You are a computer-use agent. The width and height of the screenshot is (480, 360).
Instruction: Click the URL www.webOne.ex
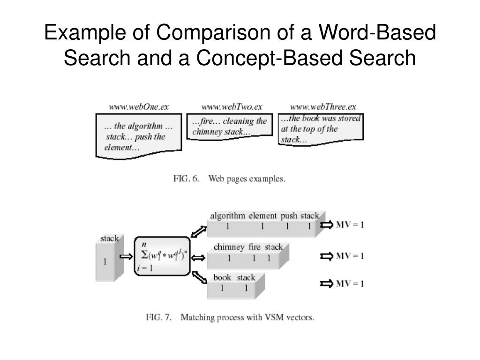[x=138, y=107]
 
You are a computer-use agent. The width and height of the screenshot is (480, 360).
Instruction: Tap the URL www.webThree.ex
[x=323, y=107]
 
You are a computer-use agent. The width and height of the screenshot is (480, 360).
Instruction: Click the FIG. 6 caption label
[x=187, y=179]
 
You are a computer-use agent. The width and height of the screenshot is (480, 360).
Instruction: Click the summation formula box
[x=162, y=256]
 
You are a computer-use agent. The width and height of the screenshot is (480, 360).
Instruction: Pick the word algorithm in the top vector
[x=227, y=216]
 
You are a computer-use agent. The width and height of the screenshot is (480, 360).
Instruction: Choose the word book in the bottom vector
[x=222, y=277]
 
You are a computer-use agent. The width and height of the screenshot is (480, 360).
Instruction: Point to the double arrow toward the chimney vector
[x=198, y=257]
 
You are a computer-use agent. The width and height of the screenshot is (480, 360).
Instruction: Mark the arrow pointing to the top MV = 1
[x=326, y=225]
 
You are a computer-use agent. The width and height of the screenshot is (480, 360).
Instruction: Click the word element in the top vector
[x=262, y=216]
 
